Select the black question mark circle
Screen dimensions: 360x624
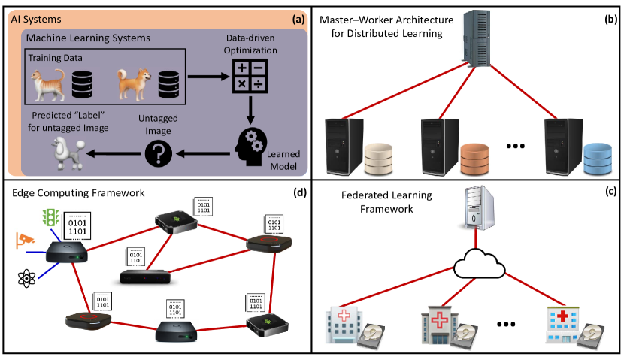click(x=163, y=154)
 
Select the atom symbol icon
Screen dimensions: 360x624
click(x=26, y=279)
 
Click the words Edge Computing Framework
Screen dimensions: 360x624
click(x=78, y=192)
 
